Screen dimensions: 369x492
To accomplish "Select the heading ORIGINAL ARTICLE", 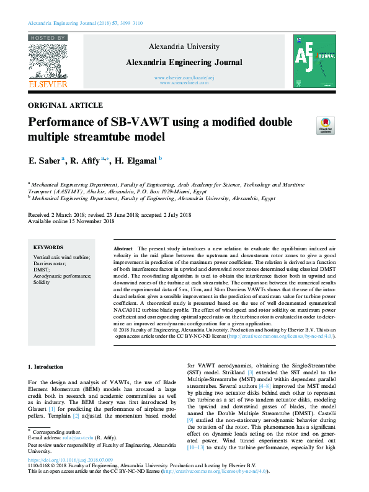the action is [x=66, y=105].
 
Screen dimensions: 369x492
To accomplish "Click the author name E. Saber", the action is [x=44, y=160].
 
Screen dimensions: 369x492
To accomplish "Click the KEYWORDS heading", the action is [x=48, y=247].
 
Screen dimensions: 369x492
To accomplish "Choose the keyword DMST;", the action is [x=42, y=269].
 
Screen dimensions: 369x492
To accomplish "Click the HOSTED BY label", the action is [x=48, y=38].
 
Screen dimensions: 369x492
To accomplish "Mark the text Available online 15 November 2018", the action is [x=71, y=221].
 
